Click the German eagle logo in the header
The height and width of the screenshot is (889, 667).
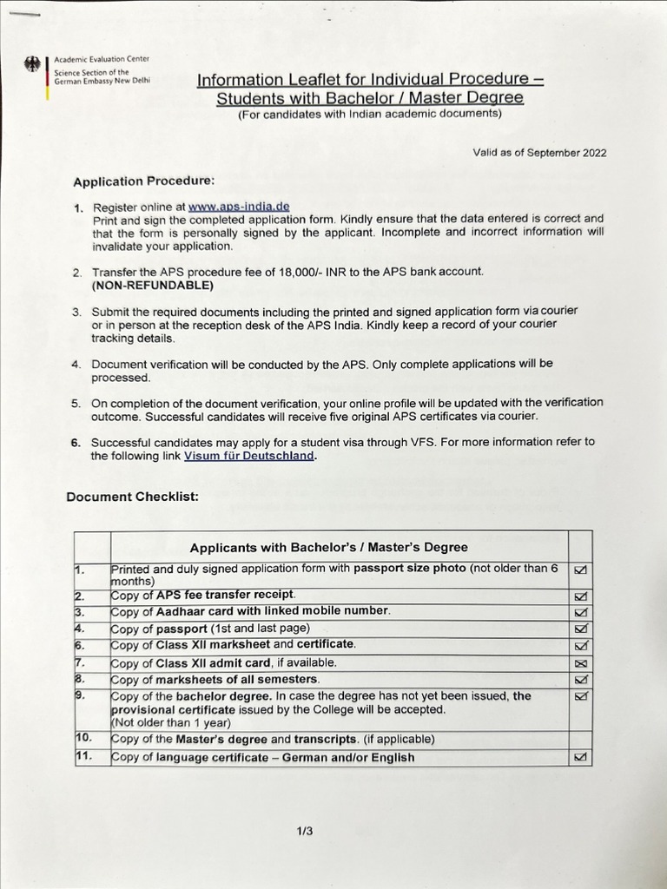[x=34, y=66]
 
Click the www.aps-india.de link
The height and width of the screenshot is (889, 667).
[x=238, y=207]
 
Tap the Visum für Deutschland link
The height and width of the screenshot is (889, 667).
[x=249, y=456]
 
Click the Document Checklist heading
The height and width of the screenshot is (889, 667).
[x=132, y=497]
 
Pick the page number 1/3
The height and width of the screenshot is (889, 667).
[x=304, y=831]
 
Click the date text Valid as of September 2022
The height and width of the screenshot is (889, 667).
[x=538, y=153]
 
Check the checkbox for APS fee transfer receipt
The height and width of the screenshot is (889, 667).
[x=580, y=596]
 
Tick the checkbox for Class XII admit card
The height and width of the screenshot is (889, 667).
[x=580, y=662]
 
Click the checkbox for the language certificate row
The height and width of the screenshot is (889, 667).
[x=580, y=757]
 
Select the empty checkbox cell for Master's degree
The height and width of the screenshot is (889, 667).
[x=580, y=740]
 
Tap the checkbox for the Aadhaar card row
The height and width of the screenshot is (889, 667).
[x=580, y=611]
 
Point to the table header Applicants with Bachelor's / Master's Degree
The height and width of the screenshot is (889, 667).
[x=328, y=547]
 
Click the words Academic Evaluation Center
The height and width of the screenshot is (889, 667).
[x=102, y=59]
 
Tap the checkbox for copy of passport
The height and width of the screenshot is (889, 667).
[x=580, y=628]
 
